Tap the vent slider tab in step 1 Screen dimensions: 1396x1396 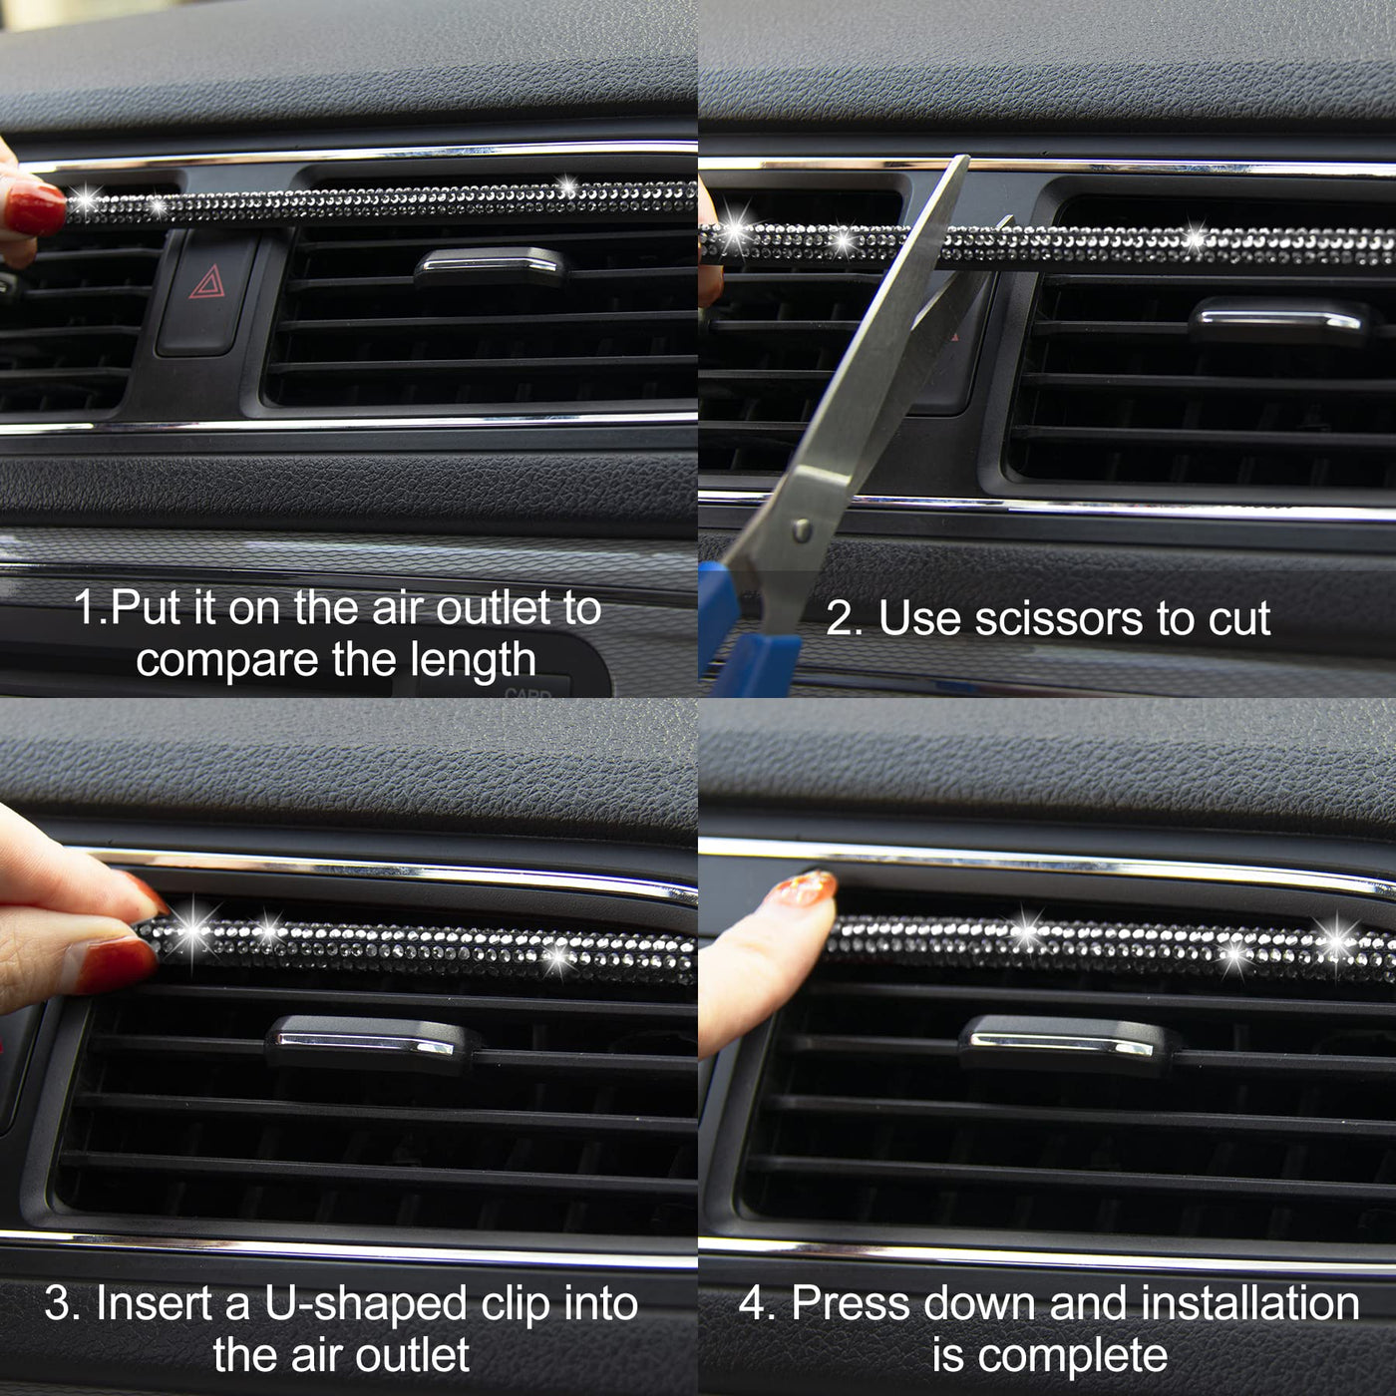pyautogui.click(x=491, y=266)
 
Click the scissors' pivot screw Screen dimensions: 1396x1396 pyautogui.click(x=801, y=530)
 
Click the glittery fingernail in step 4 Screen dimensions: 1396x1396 pyautogui.click(x=803, y=887)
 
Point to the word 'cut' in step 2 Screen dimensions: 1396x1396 pyautogui.click(x=1238, y=619)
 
